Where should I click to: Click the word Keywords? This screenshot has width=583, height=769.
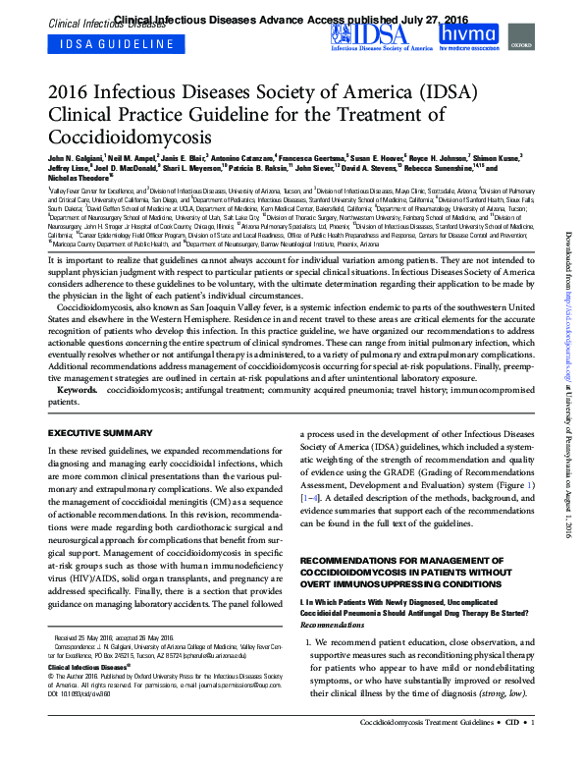pyautogui.click(x=76, y=391)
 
